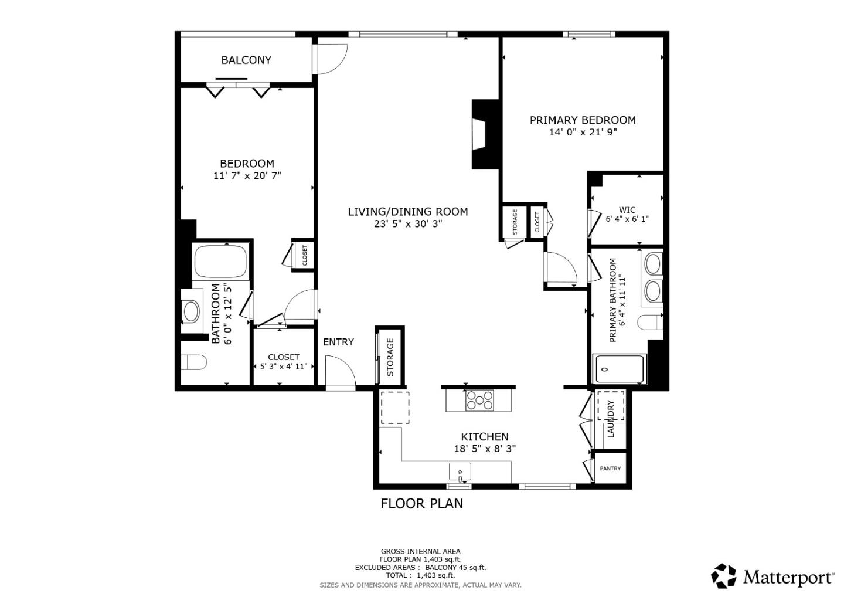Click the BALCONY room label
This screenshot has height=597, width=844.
click(246, 60)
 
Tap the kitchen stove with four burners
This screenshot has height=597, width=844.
click(479, 401)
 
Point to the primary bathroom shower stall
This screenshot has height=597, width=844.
click(619, 369)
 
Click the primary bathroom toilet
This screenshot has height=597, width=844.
click(650, 323)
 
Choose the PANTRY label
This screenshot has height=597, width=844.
click(610, 469)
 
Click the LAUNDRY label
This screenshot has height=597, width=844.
click(611, 419)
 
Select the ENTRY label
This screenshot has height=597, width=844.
click(338, 342)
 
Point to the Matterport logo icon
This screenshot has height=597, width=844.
click(724, 576)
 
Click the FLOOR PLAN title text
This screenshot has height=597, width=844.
click(421, 503)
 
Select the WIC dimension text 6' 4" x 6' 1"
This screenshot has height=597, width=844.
click(627, 219)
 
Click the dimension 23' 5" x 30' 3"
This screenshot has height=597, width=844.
click(408, 223)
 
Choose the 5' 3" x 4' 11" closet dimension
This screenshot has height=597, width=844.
click(284, 367)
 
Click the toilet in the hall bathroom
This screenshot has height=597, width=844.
click(194, 362)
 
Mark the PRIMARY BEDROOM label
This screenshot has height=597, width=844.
click(583, 120)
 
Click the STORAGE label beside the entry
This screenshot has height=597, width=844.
click(390, 357)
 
